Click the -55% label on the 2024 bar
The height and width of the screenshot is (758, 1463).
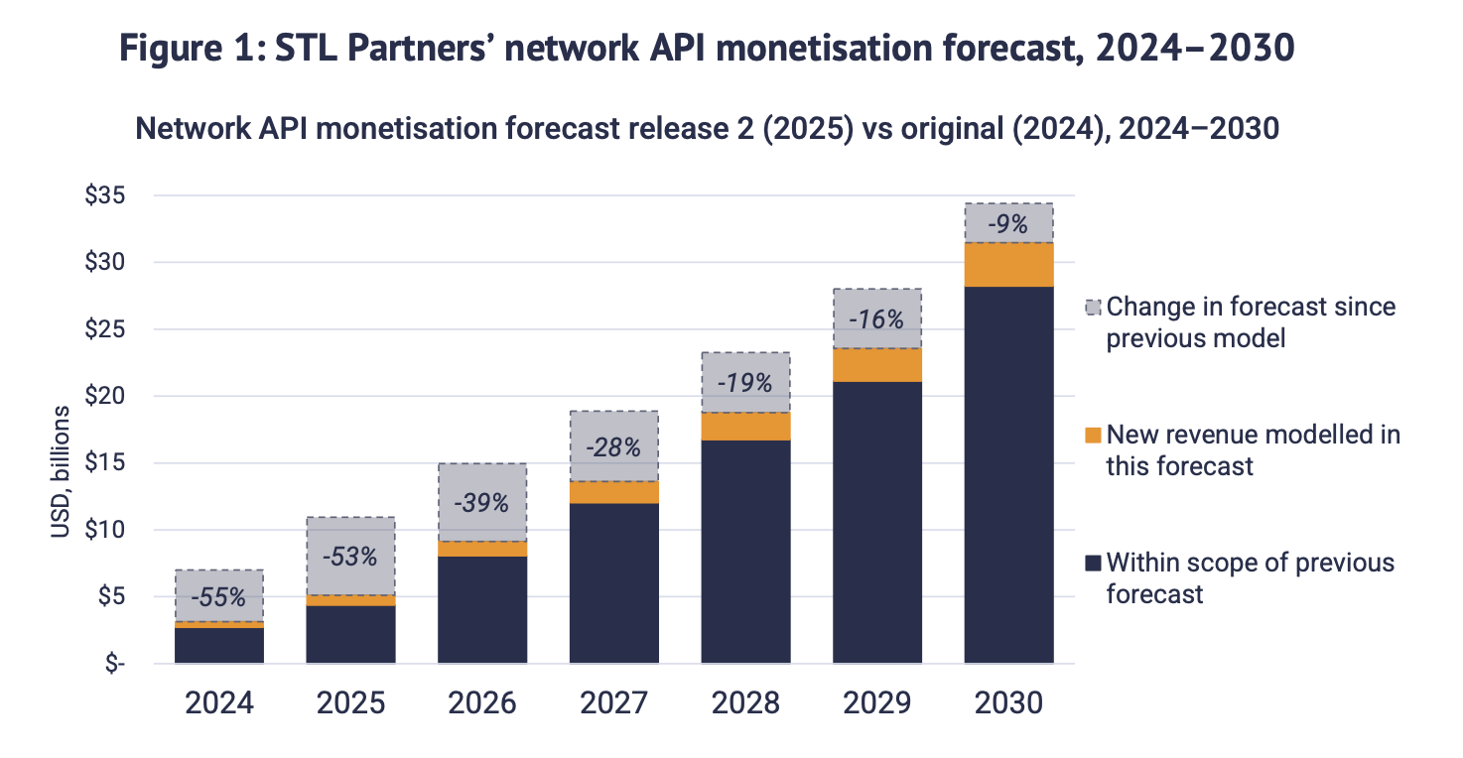[219, 598]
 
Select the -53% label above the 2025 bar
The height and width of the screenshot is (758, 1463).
[350, 557]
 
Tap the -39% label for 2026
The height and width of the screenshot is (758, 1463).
[482, 502]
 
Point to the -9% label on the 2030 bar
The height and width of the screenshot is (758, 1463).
[1008, 224]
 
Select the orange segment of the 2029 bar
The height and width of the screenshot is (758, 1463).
[877, 365]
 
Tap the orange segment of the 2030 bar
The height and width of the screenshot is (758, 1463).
[1008, 265]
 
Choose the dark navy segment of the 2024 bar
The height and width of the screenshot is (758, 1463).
[219, 646]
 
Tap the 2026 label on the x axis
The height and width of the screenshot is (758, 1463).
[482, 703]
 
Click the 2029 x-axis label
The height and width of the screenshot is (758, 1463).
[877, 703]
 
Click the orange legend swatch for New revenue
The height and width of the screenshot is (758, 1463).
[1093, 435]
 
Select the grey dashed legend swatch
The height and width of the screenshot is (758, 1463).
[1093, 308]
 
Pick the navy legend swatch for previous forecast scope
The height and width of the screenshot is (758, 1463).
[1093, 564]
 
